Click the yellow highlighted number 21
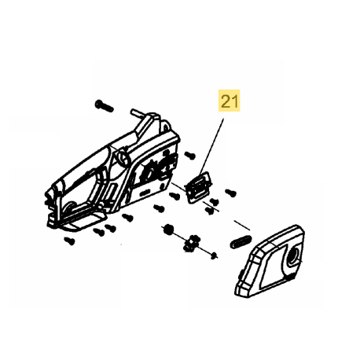230,101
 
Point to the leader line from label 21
211,148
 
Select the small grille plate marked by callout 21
198,187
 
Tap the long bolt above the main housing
104,106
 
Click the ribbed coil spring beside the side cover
241,241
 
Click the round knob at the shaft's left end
167,230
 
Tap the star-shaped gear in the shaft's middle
193,243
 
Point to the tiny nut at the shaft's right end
214,255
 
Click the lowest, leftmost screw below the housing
70,241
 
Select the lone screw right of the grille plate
231,193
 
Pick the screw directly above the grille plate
190,155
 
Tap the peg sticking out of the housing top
136,113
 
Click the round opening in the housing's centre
123,156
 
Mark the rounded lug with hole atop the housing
165,127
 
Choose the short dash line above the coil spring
242,226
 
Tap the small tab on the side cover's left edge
239,276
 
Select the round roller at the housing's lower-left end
70,208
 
